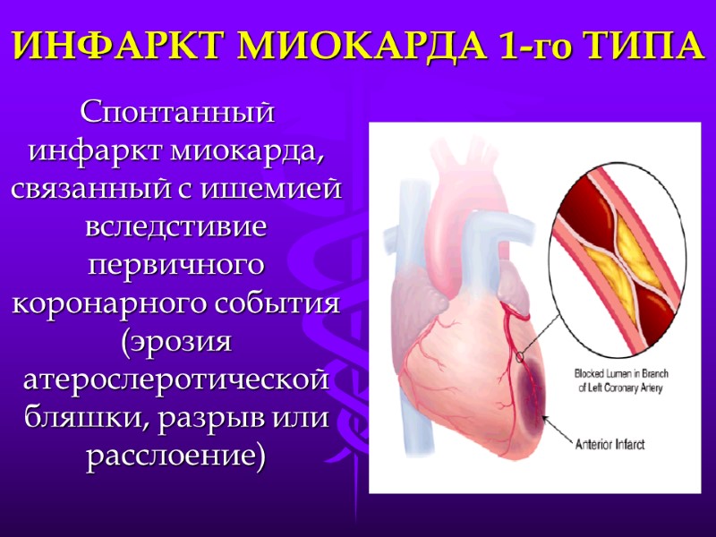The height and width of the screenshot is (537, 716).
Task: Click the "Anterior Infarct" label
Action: (611, 444)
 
